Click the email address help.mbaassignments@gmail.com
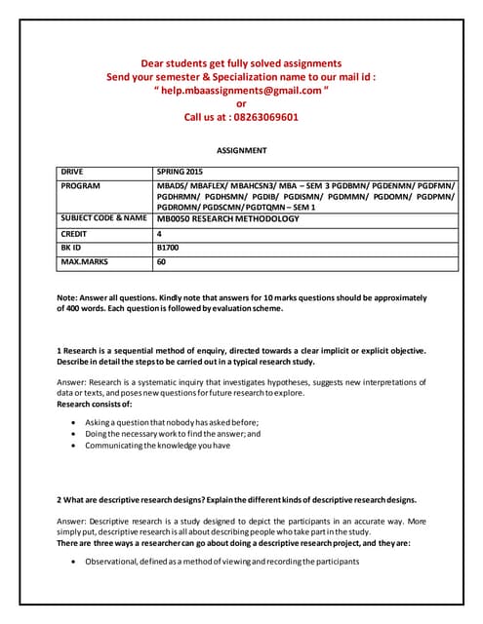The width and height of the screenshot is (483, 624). tap(241, 90)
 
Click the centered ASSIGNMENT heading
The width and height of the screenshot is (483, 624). tap(241, 151)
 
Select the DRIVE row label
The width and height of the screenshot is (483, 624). tap(74, 171)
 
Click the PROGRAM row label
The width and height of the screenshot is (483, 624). tap(81, 184)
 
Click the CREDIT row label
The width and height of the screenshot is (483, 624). tap(76, 234)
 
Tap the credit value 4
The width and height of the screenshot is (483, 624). tap(160, 234)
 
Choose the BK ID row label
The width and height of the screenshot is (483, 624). tap(73, 249)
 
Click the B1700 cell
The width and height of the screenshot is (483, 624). tap(170, 249)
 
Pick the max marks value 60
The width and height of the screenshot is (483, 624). tap(162, 263)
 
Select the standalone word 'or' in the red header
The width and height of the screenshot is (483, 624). tap(241, 103)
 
